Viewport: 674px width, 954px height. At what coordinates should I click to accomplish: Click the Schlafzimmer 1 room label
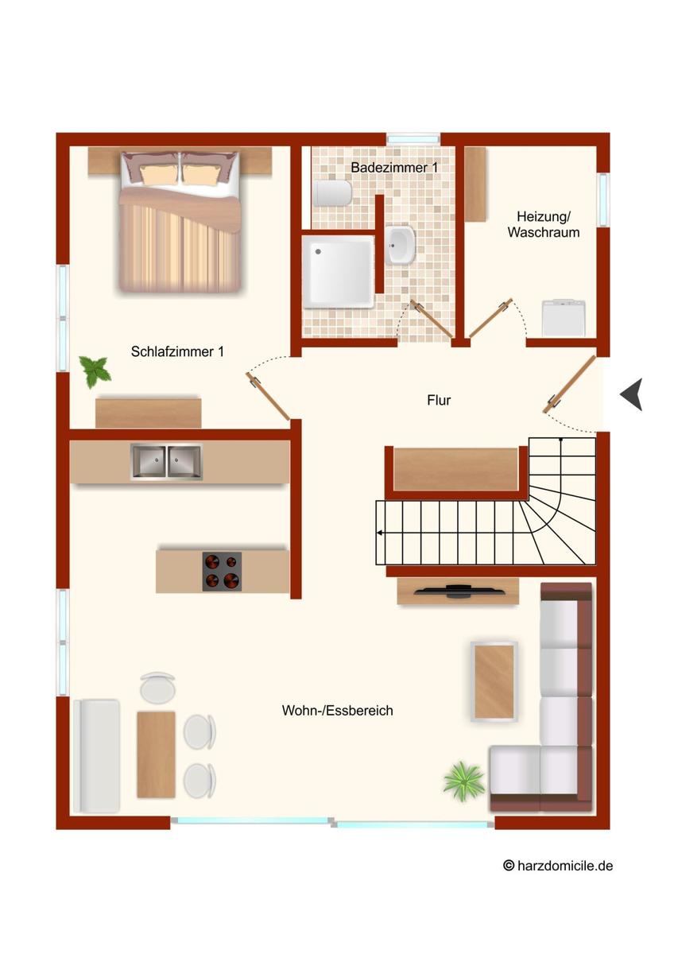[x=177, y=351]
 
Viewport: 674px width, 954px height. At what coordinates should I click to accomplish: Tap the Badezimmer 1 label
[x=394, y=168]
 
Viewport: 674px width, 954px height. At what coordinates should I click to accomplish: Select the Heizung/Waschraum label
[x=544, y=224]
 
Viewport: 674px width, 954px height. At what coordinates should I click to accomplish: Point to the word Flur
[x=439, y=401]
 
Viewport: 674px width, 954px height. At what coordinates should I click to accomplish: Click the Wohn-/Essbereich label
[x=337, y=711]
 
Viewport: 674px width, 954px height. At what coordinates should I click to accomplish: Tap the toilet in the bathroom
[x=333, y=193]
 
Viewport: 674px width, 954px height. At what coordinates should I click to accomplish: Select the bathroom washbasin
[x=400, y=245]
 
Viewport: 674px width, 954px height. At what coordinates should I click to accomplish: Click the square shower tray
[x=338, y=272]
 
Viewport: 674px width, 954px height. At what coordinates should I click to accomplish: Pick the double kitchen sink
[x=166, y=462]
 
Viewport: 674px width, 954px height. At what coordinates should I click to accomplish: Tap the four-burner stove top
[x=222, y=572]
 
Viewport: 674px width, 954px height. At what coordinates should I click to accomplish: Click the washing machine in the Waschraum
[x=564, y=318]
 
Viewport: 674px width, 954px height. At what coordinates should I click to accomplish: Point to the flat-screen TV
[x=458, y=591]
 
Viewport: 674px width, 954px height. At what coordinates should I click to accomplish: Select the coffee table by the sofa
[x=494, y=681]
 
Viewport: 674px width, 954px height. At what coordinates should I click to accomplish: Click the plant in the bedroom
[x=95, y=371]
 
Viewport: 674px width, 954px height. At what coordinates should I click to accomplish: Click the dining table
[x=156, y=755]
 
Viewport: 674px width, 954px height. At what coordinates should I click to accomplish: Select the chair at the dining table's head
[x=157, y=687]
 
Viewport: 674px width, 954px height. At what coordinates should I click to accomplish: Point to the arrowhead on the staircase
[x=379, y=533]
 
